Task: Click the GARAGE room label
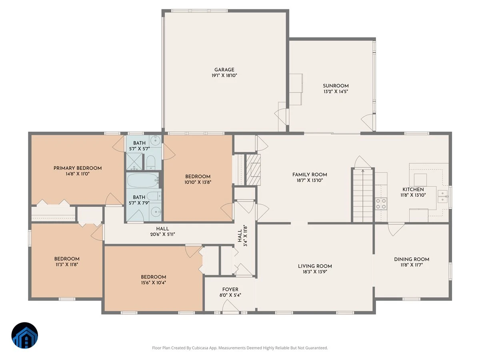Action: pos(224,70)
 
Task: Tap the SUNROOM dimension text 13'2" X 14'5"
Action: pos(336,92)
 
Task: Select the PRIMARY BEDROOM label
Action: pos(78,168)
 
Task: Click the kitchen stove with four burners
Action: pos(381,204)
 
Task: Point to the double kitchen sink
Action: pos(443,196)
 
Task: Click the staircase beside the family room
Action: pos(362,196)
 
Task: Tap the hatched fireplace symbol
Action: pos(253,170)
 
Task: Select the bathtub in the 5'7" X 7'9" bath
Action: pos(143,180)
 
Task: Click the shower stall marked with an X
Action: pos(134,161)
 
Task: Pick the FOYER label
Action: pos(230,289)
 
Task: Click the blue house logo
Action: pos(24,335)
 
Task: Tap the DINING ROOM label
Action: pos(412,259)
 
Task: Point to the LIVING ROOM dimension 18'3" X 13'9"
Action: pos(315,272)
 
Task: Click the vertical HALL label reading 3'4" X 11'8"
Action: pos(242,236)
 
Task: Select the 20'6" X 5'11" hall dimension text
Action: pos(162,234)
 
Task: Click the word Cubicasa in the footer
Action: pos(200,348)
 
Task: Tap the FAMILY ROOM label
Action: pos(310,174)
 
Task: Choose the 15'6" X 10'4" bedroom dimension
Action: pos(153,282)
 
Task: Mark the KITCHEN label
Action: pos(413,189)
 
